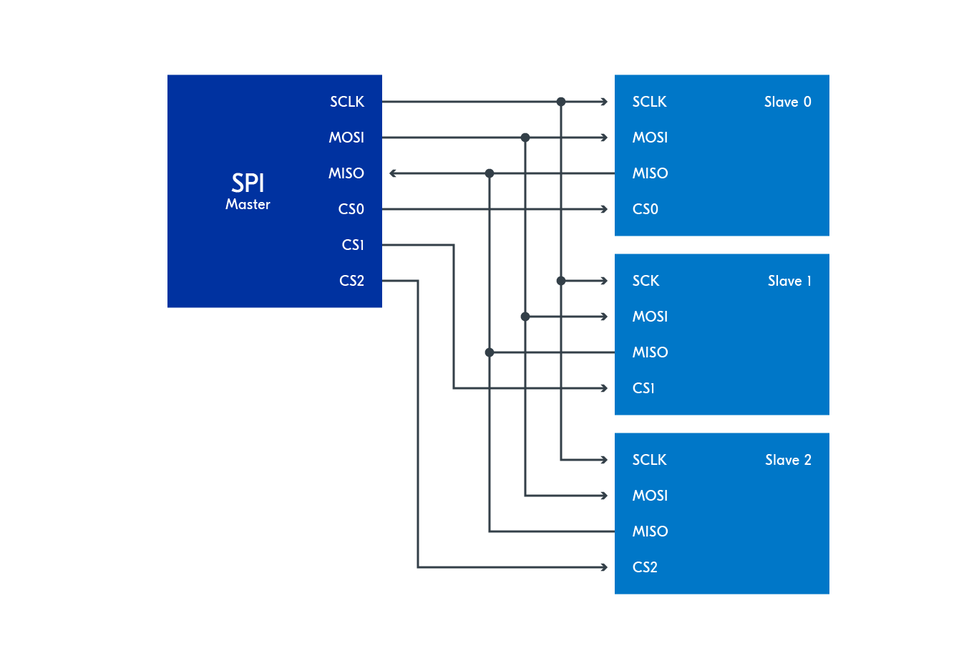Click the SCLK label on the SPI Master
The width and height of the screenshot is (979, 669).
click(x=347, y=102)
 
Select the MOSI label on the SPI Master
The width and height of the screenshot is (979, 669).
click(x=346, y=138)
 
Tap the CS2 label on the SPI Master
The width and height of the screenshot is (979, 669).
click(x=351, y=281)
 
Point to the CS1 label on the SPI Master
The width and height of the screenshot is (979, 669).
click(x=353, y=245)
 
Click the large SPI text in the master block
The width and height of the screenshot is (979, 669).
click(x=248, y=183)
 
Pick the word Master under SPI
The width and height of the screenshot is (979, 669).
click(x=248, y=204)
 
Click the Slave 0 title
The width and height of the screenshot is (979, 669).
click(x=787, y=102)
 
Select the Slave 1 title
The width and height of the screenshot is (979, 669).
click(x=789, y=281)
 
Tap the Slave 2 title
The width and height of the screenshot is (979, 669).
click(x=788, y=460)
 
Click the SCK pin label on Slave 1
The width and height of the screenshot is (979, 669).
click(x=646, y=281)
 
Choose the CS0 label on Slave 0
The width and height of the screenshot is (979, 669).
click(x=645, y=209)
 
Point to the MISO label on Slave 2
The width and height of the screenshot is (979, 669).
click(x=650, y=531)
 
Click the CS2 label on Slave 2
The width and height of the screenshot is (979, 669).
click(x=645, y=567)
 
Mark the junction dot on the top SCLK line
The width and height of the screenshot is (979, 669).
click(x=561, y=102)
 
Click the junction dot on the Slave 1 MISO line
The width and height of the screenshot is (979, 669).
click(x=489, y=352)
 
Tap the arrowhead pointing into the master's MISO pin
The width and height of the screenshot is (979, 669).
click(x=393, y=173)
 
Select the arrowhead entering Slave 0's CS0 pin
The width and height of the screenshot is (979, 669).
click(x=605, y=209)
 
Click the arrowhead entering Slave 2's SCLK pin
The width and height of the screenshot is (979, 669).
click(x=605, y=460)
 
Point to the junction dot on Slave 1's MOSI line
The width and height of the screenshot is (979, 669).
click(x=525, y=317)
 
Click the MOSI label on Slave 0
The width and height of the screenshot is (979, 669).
click(x=650, y=138)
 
